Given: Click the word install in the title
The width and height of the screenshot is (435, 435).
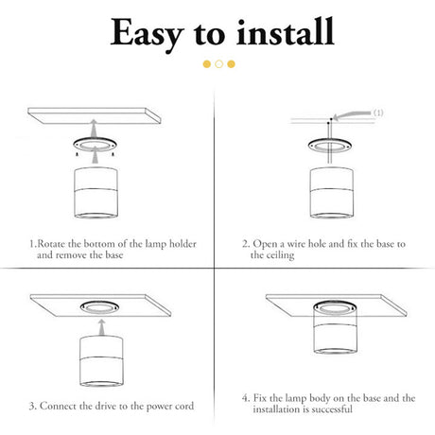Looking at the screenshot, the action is point(286,31).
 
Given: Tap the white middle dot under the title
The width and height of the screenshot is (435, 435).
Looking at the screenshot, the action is point(219,64).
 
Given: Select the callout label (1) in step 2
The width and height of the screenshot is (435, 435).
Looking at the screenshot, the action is point(378,113).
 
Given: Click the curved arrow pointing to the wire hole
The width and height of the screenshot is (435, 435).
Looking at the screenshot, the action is point(352,114).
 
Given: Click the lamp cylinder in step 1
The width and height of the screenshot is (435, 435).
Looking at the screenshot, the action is point(96,193).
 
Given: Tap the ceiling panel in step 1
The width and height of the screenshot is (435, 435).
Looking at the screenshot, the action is point(95,115).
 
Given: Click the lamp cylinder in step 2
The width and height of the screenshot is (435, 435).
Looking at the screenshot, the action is point(332,193).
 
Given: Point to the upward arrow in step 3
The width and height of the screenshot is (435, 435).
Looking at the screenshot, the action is point(101,328).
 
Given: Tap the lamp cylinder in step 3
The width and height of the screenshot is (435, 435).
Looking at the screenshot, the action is point(101,361).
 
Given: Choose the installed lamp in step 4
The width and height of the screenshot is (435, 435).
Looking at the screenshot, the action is point(336,327).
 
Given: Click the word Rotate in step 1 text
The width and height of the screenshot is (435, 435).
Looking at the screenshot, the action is point(52,244).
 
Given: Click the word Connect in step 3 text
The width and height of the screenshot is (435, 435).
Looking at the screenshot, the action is point(59,406).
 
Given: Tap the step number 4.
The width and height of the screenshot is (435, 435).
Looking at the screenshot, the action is point(245,398).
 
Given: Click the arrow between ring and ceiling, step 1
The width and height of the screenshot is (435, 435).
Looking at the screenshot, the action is point(93,128).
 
